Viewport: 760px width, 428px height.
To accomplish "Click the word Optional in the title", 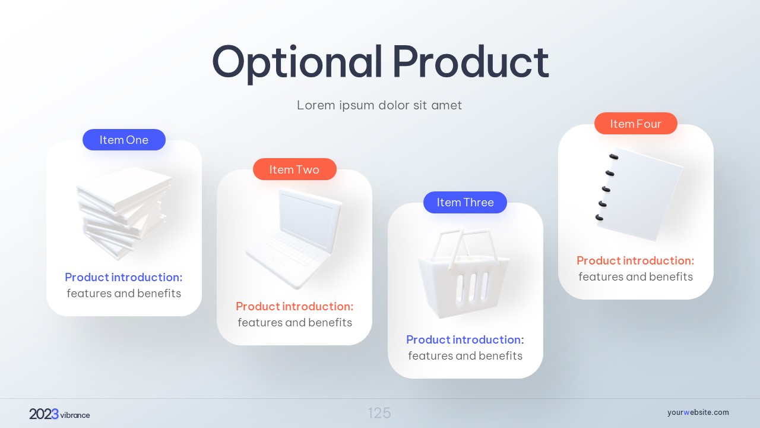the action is coord(297,64).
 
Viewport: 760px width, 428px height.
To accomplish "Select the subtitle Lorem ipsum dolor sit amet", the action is coord(379,105).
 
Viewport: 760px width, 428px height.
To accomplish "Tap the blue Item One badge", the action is coord(124,140).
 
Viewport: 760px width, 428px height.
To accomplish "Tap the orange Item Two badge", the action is coord(294,169).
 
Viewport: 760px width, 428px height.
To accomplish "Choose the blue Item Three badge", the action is coord(465,203).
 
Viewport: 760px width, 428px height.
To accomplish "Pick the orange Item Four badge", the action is coord(636,123).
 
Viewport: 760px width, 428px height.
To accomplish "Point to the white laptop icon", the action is coord(294,238).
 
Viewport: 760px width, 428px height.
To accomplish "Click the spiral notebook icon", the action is coord(639,194).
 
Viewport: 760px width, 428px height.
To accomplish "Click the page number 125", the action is coord(379,413).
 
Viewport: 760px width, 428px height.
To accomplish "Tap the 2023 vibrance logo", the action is coord(59,414).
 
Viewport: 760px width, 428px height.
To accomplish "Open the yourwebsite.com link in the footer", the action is coord(698,413).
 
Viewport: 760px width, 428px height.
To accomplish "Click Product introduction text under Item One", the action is coord(123,277).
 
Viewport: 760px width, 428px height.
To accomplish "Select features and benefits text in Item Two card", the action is coord(295,322).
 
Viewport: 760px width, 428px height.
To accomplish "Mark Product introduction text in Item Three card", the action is coord(465,339).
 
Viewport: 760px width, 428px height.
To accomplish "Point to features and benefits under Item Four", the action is coord(635,277).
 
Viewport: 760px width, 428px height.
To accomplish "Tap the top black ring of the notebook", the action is coord(614,156).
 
